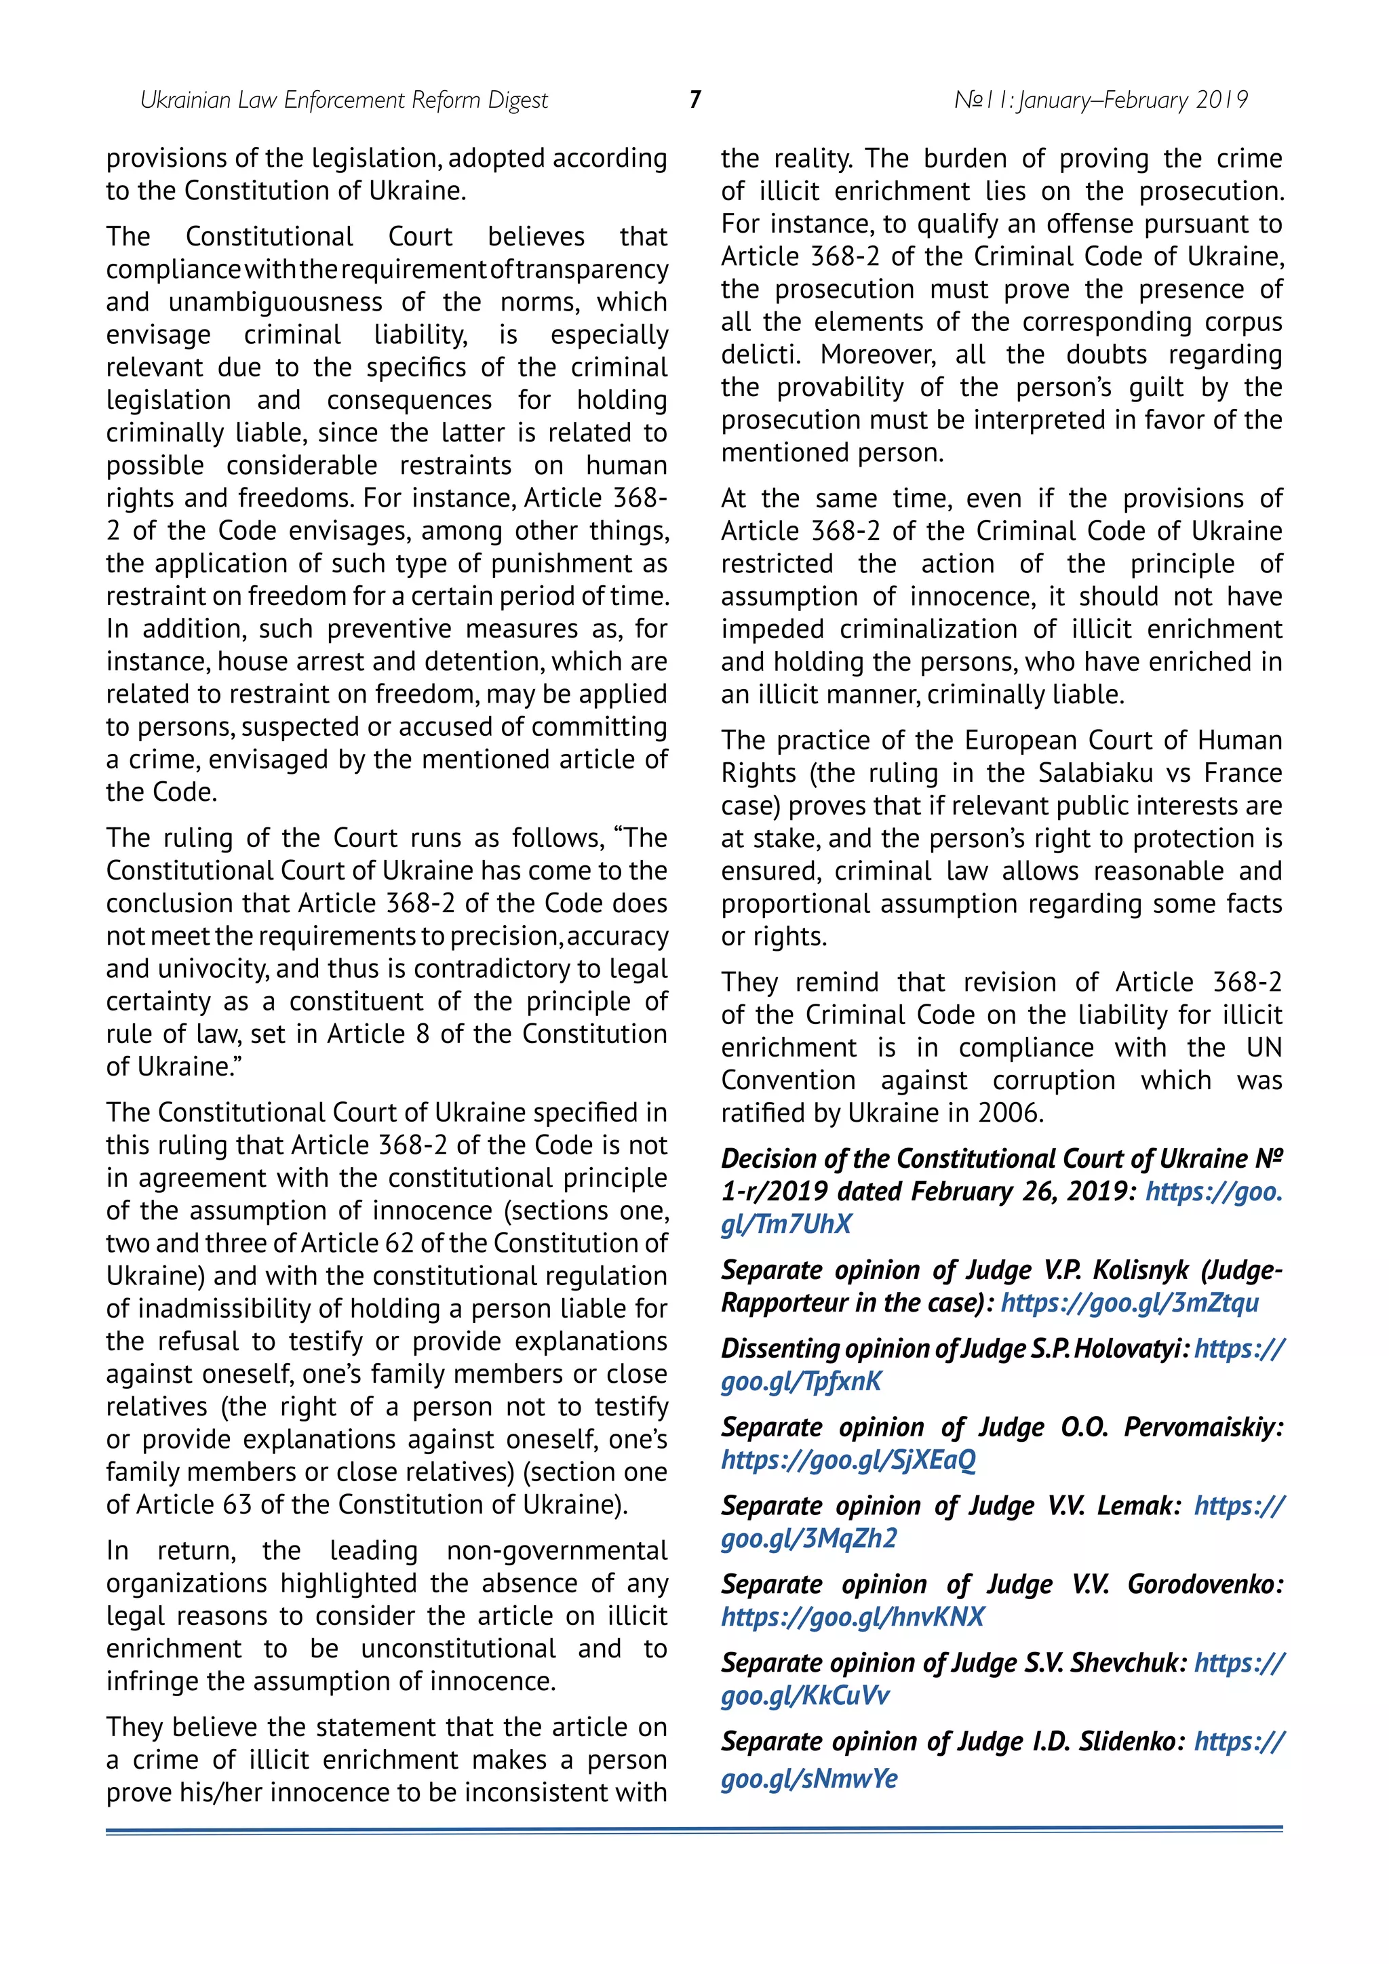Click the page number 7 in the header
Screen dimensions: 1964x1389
(694, 100)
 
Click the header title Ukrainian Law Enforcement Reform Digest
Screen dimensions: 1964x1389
(344, 101)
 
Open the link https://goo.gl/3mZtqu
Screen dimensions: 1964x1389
(1130, 1303)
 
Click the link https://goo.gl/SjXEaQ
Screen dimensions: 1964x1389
(848, 1460)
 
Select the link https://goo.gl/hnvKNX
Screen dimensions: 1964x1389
(853, 1617)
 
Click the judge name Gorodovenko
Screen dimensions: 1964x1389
(1205, 1584)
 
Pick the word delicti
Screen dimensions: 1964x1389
(761, 355)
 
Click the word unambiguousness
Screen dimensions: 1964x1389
(275, 302)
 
